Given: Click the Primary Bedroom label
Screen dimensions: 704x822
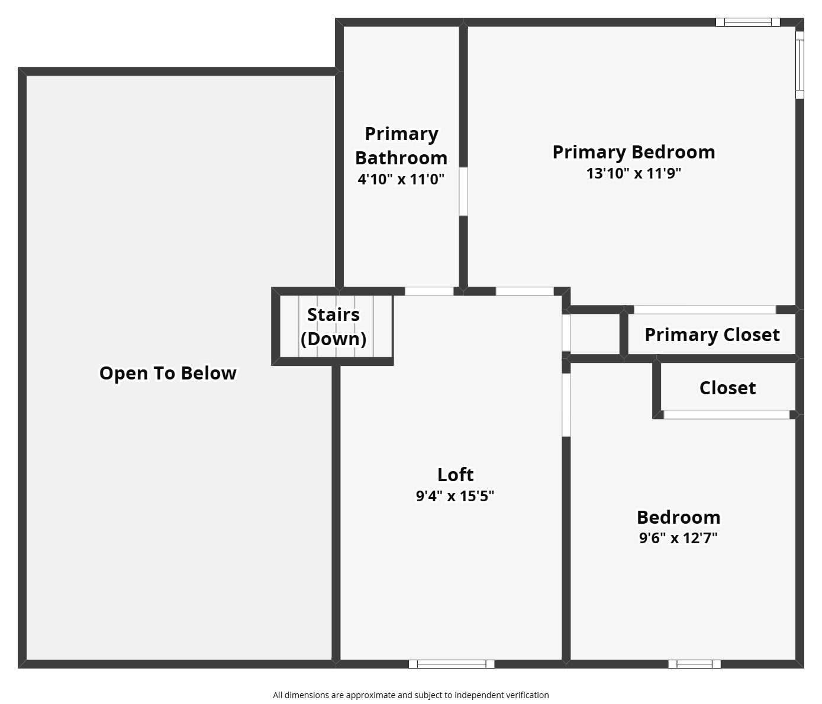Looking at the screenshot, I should coord(633,152).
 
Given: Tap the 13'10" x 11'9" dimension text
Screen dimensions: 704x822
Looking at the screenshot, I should coord(633,173).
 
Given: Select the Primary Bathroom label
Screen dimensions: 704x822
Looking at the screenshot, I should coord(401,145).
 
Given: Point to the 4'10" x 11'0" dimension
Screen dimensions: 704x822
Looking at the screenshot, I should coord(401,179).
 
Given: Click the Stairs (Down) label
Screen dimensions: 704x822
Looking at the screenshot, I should coord(333,326).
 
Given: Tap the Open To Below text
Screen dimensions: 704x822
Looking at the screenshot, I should coord(167,373).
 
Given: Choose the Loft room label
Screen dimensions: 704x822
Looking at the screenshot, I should coord(455,475).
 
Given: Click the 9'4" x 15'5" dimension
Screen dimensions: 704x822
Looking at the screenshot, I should coord(455,495).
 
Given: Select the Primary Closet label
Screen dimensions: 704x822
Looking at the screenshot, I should coord(712,335).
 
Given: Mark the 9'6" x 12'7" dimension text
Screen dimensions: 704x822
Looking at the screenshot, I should coord(678,538).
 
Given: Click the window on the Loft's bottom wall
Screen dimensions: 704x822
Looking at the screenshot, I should coord(452,664).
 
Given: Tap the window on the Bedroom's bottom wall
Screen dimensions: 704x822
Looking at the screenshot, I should coord(694,664).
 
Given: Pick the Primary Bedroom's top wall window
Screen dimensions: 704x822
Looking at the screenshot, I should coord(748,22).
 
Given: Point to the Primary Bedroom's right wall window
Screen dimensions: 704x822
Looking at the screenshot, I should coord(800,64).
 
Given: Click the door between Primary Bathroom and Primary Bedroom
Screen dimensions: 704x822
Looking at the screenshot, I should coord(463,192).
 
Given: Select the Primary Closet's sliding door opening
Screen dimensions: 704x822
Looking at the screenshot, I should coord(704,310).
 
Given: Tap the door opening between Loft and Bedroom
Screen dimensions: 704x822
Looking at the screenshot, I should coord(566,405).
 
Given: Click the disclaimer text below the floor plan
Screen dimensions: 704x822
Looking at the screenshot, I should coord(411,695).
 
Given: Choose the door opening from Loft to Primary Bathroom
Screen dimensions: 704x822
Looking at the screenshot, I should coord(429,291).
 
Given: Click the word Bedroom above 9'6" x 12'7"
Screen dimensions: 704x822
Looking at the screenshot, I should coord(678,517).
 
